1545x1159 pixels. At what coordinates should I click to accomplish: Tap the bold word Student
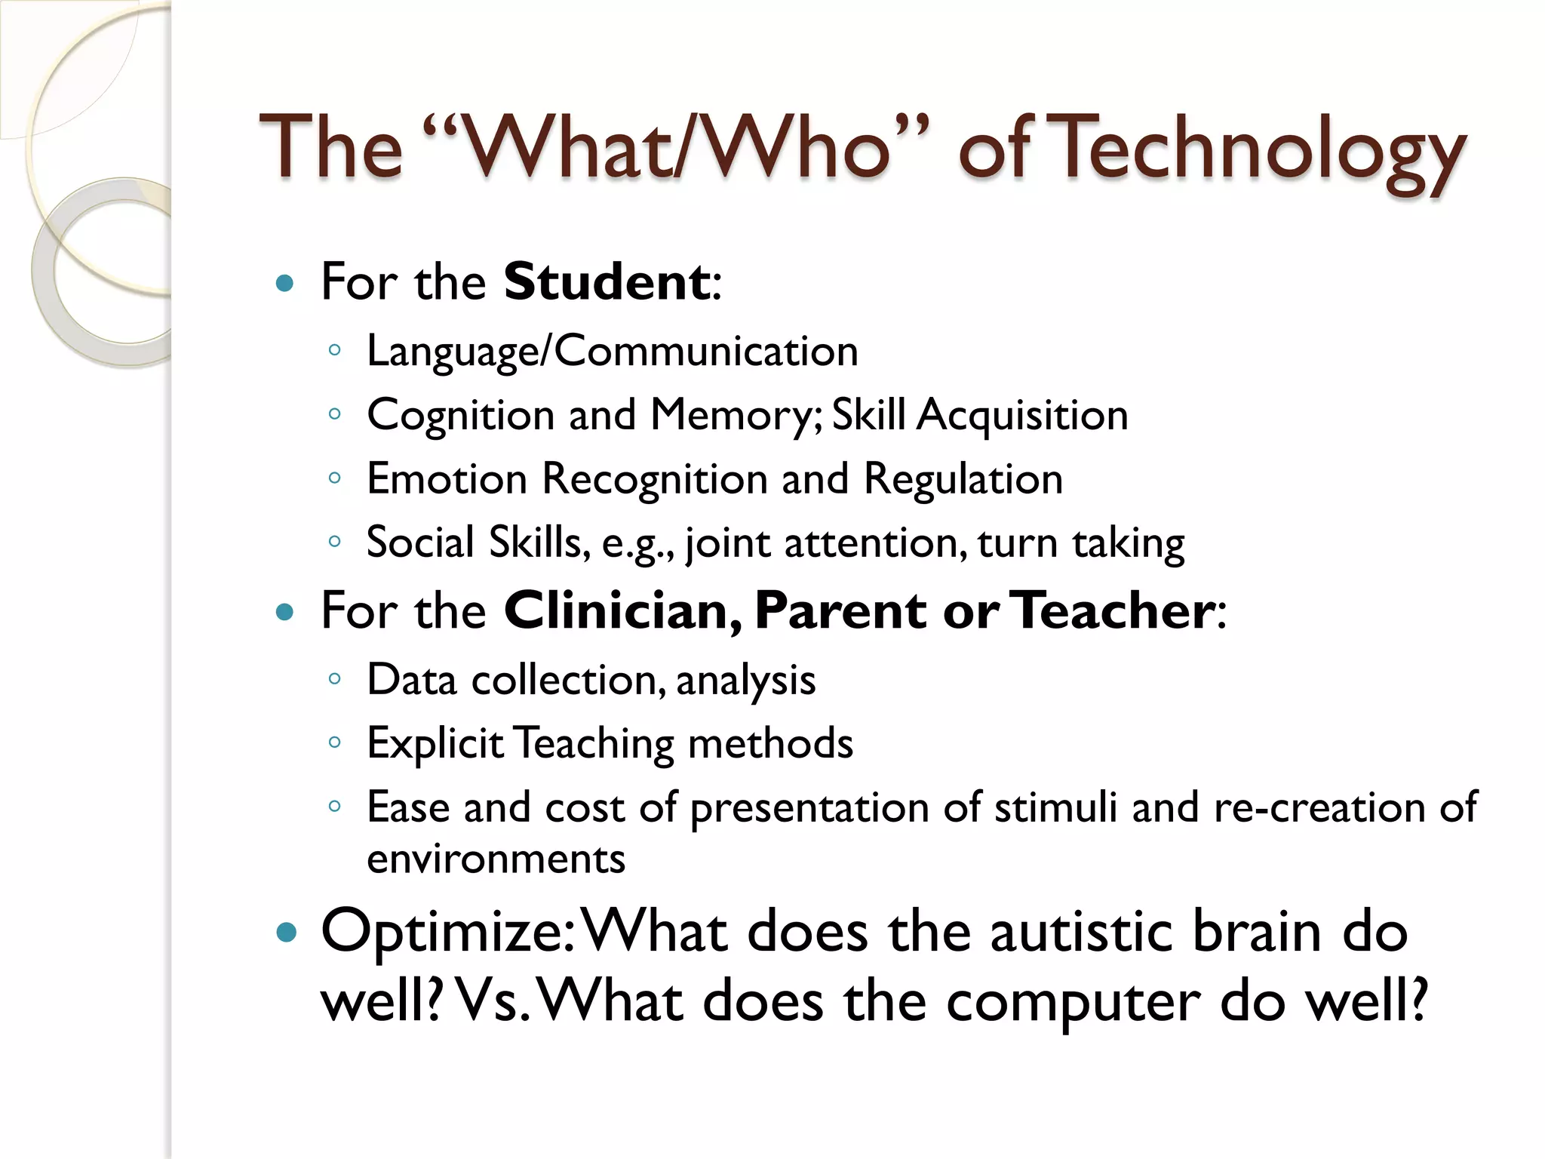click(x=607, y=281)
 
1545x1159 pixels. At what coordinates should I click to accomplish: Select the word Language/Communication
click(x=612, y=352)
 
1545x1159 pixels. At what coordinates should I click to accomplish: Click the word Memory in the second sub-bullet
click(x=736, y=416)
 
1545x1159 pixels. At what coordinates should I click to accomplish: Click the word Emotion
click(x=447, y=479)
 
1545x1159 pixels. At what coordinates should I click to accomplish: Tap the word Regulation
click(x=963, y=479)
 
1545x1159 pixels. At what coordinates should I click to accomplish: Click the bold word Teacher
click(x=1112, y=610)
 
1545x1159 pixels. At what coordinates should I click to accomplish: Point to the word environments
click(x=496, y=859)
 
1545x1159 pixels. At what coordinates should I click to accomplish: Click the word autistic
click(x=1081, y=932)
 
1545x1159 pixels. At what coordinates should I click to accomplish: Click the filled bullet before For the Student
click(x=284, y=284)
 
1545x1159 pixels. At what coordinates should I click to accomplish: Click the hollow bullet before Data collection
click(x=335, y=679)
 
